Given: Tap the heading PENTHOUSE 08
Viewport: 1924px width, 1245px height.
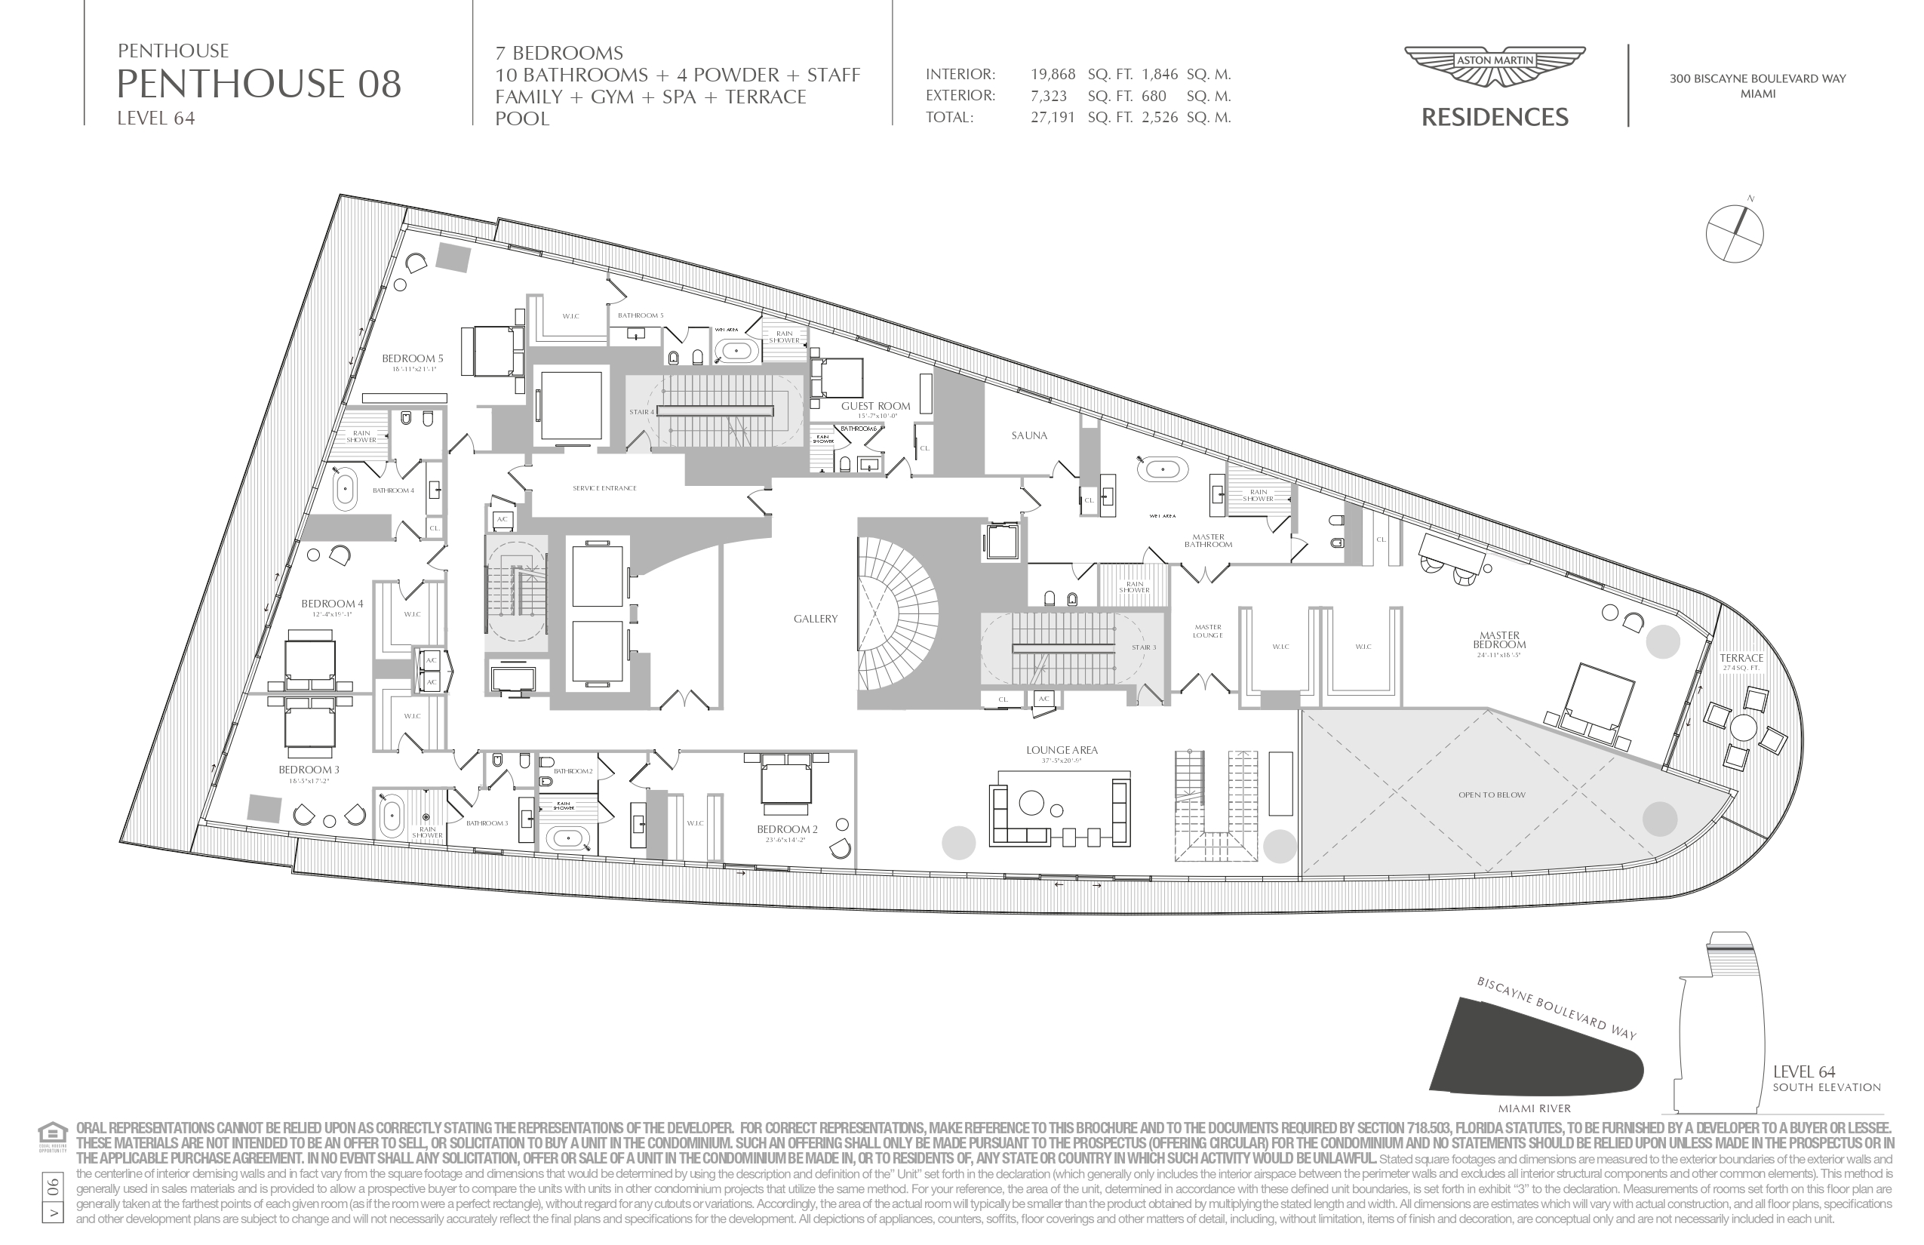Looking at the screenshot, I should pyautogui.click(x=259, y=84).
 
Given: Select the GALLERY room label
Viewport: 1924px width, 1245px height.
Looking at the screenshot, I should pyautogui.click(x=815, y=619).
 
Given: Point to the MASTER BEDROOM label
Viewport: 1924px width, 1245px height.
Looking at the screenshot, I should pyautogui.click(x=1498, y=641).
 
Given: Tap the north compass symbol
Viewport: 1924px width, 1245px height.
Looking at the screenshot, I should pyautogui.click(x=1735, y=233).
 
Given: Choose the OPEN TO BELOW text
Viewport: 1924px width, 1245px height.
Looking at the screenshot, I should pyautogui.click(x=1492, y=795).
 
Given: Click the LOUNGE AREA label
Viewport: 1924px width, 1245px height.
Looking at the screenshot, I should pyautogui.click(x=1062, y=750).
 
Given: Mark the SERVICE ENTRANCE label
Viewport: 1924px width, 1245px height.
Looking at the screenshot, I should pyautogui.click(x=604, y=488).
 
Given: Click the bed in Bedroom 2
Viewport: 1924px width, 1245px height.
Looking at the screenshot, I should pyautogui.click(x=785, y=781).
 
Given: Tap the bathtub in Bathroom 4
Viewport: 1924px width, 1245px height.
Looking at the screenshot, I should pyautogui.click(x=346, y=490).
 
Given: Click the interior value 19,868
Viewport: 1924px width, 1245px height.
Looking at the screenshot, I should pyautogui.click(x=1053, y=75).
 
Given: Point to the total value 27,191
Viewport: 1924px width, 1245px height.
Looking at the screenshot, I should pyautogui.click(x=1053, y=117).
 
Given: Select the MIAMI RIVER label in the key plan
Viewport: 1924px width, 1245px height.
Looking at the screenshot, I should pyautogui.click(x=1533, y=1108).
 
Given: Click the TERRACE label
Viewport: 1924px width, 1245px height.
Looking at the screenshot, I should pyautogui.click(x=1741, y=658).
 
